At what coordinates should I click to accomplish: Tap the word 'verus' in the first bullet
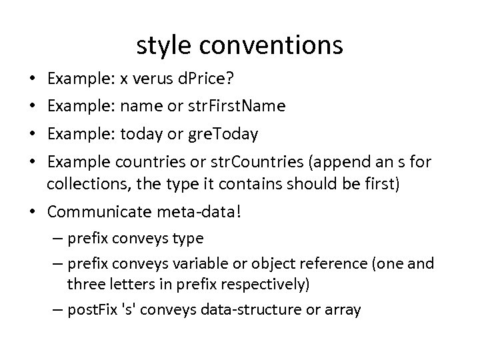click(x=150, y=80)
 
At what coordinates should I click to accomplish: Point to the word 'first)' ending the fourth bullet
click(x=380, y=185)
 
